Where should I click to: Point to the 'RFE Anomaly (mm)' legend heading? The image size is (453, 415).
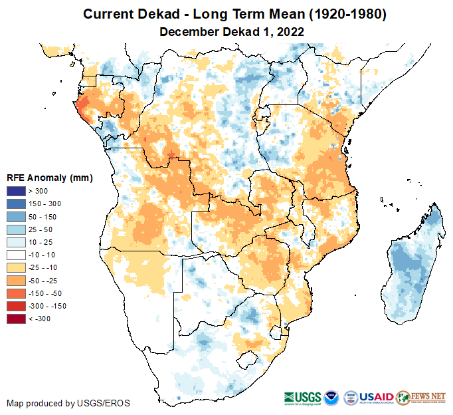[x=49, y=178]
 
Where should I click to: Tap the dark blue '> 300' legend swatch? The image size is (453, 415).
[x=16, y=192]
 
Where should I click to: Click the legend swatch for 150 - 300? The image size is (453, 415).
[x=16, y=204]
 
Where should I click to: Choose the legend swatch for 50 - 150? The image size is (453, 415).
[x=16, y=217]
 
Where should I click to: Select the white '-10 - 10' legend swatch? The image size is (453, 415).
[x=16, y=255]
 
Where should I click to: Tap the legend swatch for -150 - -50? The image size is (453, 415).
[x=16, y=293]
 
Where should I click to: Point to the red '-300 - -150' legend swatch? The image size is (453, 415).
[x=16, y=306]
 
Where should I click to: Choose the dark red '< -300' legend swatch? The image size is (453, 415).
[x=16, y=319]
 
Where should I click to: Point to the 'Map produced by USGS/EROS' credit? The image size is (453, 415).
[x=68, y=403]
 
